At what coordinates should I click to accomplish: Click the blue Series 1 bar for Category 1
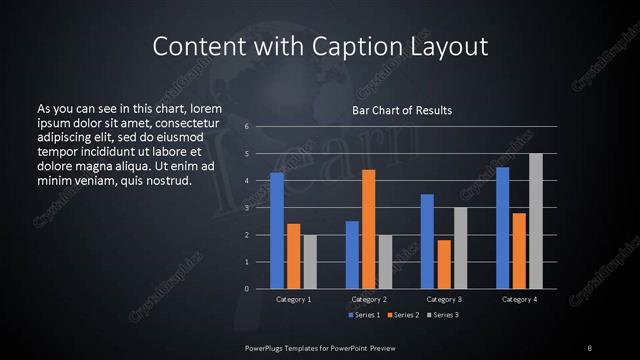[x=277, y=230]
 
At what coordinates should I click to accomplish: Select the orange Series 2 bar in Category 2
[x=368, y=229]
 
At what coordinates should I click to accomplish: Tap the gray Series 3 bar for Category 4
[x=535, y=221]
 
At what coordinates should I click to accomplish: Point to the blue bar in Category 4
[x=502, y=228]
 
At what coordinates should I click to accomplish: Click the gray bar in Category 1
[x=310, y=262]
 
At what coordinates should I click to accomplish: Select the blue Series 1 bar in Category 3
[x=427, y=241]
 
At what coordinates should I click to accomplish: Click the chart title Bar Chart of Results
[x=402, y=110]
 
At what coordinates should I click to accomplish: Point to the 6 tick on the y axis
[x=245, y=127]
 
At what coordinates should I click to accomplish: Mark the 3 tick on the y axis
[x=245, y=208]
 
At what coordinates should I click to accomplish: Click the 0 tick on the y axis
[x=245, y=289]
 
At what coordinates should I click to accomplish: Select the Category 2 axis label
[x=368, y=299]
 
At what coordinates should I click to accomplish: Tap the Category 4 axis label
[x=519, y=299]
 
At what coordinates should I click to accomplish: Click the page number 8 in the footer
[x=590, y=346]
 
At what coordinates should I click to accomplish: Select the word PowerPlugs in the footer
[x=268, y=346]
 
